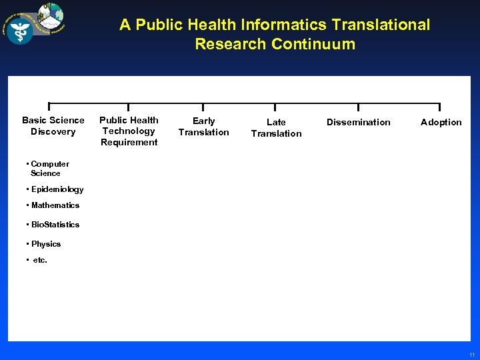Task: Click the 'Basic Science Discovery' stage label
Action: (x=53, y=125)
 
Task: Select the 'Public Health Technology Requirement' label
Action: (x=129, y=131)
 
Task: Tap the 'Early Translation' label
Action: (x=203, y=126)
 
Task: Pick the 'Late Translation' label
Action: (x=276, y=127)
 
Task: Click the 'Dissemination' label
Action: (x=358, y=122)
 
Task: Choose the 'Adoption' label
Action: (x=441, y=122)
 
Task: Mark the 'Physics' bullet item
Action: (x=45, y=244)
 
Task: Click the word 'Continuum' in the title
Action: (x=313, y=45)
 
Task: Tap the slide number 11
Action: (x=471, y=354)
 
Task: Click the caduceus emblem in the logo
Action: (x=21, y=29)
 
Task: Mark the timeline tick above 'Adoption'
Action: (x=439, y=107)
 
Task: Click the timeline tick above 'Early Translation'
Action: (x=203, y=107)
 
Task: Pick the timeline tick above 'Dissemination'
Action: (x=358, y=107)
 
